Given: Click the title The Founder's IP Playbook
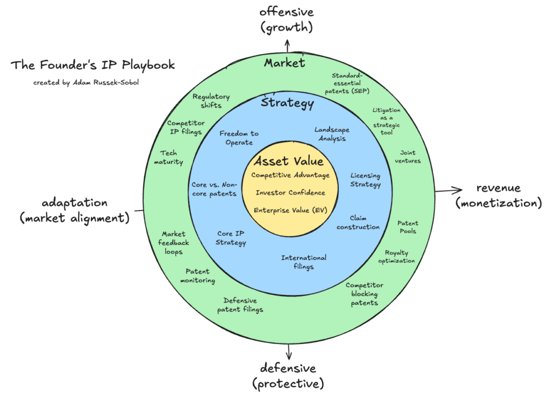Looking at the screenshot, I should [x=92, y=66].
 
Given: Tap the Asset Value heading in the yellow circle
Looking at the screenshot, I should [x=288, y=161].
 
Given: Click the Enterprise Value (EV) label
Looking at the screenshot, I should [x=290, y=210].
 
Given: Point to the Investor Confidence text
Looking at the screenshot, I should [x=290, y=192].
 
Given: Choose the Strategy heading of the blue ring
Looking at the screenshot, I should [x=287, y=102].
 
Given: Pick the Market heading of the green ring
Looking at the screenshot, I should [x=284, y=63].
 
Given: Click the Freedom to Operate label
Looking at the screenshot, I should [x=239, y=138].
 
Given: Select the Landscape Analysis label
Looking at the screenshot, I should [x=331, y=134].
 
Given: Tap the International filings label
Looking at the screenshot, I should [x=303, y=262].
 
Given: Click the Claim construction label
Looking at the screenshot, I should [x=364, y=222].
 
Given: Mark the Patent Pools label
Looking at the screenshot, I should [x=407, y=227].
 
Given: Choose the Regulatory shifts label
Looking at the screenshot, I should [x=211, y=101].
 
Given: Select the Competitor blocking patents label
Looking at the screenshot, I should [x=364, y=294].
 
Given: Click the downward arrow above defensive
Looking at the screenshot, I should [x=290, y=352].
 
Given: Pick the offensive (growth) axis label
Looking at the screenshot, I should [x=287, y=19].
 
